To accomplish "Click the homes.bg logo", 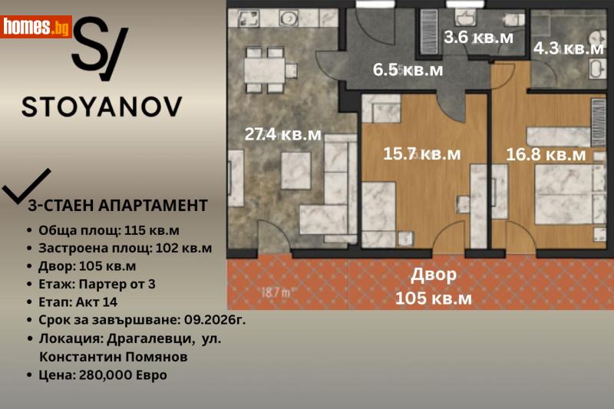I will coord(37,27).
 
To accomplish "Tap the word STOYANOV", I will coord(102,107).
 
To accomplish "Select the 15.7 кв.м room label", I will coord(422,153).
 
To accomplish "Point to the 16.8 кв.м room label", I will coord(546,154).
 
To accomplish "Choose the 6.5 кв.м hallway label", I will coord(408,70).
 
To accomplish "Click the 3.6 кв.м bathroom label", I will coord(479,35).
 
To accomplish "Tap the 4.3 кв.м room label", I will coord(569,48).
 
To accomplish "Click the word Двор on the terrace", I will coord(434,275).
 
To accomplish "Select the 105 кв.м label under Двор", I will coord(434,298).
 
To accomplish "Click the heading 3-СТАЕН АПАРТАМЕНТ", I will coord(117,205).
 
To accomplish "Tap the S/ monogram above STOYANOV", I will coord(100,50).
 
